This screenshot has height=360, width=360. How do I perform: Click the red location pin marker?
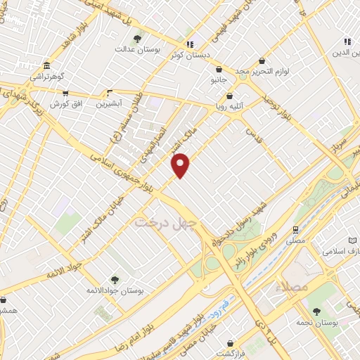(x=181, y=165)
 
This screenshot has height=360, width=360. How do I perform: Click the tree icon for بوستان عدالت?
(x=136, y=39)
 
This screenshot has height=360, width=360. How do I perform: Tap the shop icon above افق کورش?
(x=65, y=92)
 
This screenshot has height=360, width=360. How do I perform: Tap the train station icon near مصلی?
(x=296, y=229)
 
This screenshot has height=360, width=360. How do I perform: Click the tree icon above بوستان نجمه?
(x=316, y=311)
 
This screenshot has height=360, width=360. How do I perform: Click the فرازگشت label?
(x=230, y=353)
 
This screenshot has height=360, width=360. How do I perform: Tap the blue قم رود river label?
(x=219, y=307)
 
